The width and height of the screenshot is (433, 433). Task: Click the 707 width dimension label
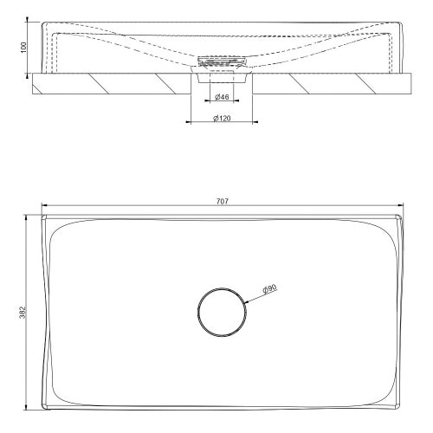pos(222,201)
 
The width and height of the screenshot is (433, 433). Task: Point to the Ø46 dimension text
pos(222,98)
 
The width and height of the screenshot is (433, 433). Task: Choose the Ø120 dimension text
pos(222,118)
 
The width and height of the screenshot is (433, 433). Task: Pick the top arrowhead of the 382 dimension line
pos(29,215)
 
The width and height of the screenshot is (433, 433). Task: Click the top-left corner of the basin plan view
pos(43,215)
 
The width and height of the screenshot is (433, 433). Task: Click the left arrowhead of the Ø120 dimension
pos(189,123)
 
